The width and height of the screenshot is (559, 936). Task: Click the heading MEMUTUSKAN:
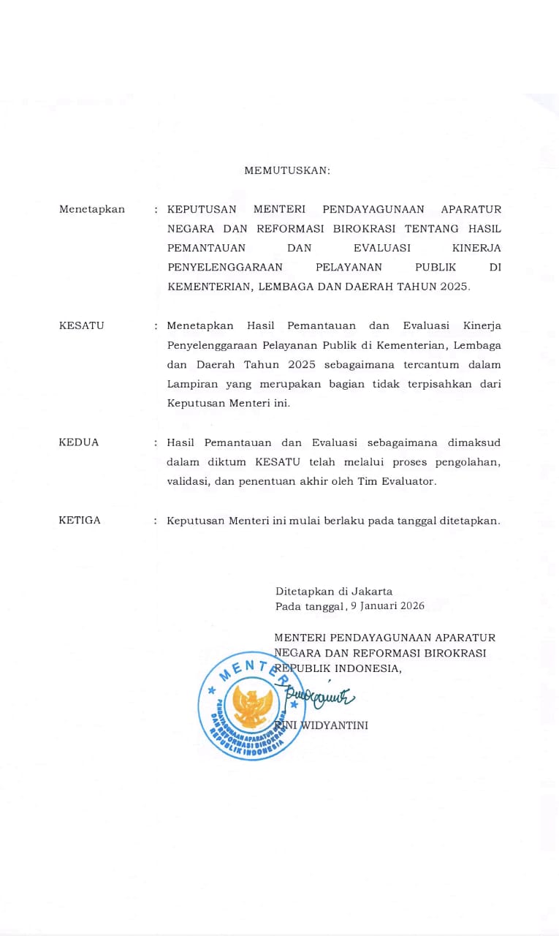pyautogui.click(x=287, y=170)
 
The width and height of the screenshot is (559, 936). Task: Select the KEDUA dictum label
pyautogui.click(x=79, y=442)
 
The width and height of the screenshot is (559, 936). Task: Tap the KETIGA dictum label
pyautogui.click(x=80, y=521)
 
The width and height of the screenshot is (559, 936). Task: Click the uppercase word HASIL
pyautogui.click(x=485, y=228)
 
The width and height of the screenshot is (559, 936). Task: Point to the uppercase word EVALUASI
pyautogui.click(x=381, y=248)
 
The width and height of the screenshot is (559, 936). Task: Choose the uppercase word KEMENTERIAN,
pyautogui.click(x=210, y=287)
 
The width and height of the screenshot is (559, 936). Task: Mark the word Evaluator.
pyautogui.click(x=413, y=482)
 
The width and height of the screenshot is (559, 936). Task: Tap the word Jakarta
pyautogui.click(x=372, y=591)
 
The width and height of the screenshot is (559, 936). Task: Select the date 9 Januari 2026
pyautogui.click(x=387, y=606)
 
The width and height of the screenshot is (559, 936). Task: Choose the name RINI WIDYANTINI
pyautogui.click(x=321, y=725)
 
